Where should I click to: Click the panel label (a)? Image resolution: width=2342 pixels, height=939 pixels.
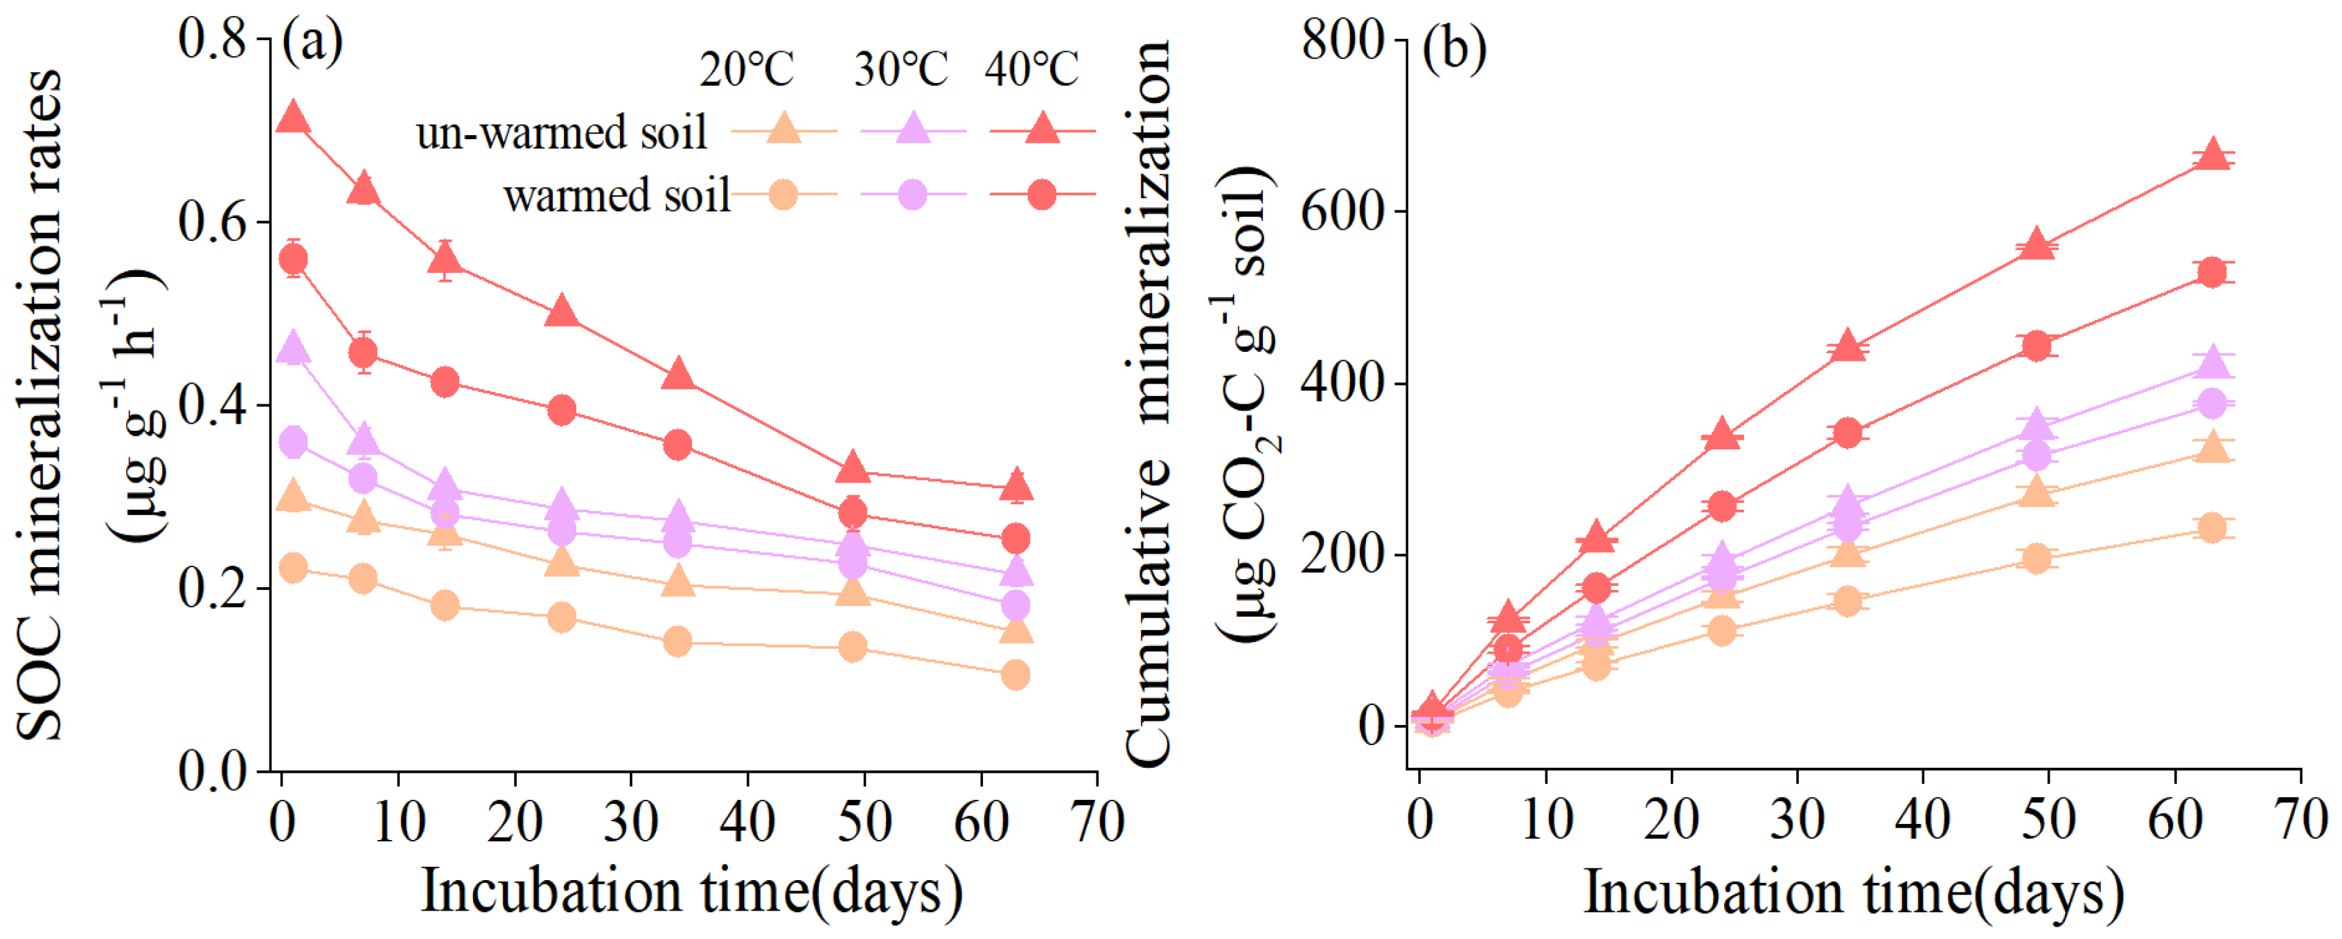[312, 43]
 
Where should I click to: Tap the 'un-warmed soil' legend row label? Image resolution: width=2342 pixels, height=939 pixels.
[561, 133]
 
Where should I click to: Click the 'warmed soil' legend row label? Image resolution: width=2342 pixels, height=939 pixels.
[616, 195]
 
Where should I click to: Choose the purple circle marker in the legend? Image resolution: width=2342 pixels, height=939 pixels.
[912, 195]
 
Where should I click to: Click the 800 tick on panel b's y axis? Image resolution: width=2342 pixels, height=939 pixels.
[1341, 40]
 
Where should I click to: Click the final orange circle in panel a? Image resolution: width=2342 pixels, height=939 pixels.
[1015, 674]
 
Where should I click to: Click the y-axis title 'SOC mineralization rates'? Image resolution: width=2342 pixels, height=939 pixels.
[41, 404]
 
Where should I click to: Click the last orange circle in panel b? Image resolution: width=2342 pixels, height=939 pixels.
[2212, 527]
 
